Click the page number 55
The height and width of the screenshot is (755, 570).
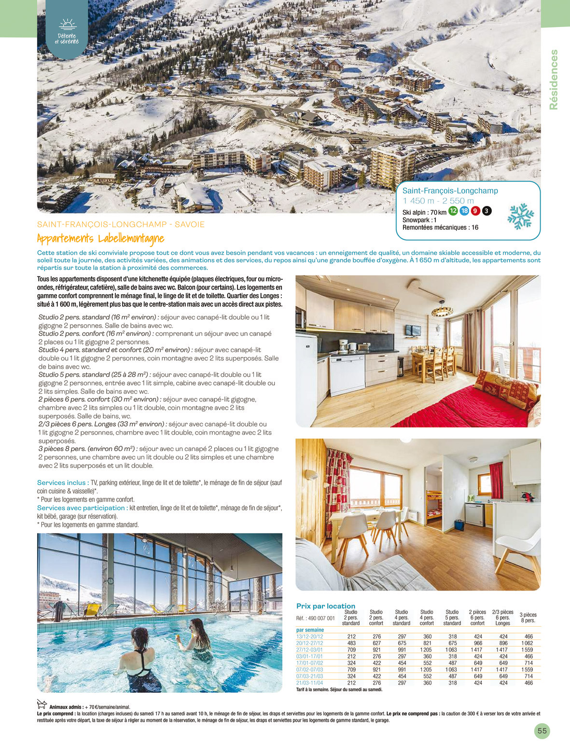click(542, 731)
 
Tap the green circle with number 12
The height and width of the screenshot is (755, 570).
click(453, 211)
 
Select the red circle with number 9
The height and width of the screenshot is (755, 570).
click(475, 211)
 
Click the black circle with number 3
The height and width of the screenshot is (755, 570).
click(487, 211)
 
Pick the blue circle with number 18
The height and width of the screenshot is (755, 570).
click(464, 211)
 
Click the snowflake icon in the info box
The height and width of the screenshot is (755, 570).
click(520, 216)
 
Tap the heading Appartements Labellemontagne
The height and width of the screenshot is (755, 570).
click(100, 238)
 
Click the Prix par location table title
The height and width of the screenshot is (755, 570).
click(325, 606)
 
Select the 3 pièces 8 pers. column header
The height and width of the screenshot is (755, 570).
click(528, 618)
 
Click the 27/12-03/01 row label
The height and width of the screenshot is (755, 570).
click(309, 650)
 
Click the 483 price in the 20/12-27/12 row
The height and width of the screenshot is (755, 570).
click(351, 643)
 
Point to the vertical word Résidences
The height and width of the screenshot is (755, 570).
click(554, 80)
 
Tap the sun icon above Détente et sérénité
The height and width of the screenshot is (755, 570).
click(68, 25)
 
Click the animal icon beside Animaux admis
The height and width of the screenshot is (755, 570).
click(42, 704)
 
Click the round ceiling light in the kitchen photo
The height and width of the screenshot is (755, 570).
click(442, 309)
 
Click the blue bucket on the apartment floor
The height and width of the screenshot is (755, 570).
click(459, 524)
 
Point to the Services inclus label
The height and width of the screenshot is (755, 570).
click(61, 482)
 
